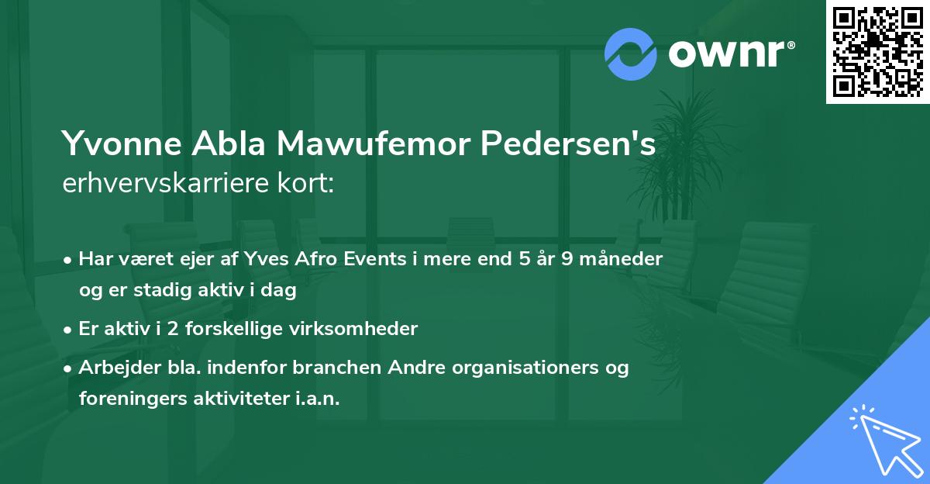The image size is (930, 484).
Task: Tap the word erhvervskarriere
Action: (x=159, y=183)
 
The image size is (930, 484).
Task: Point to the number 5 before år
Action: (x=526, y=259)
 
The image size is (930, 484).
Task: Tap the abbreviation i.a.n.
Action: (x=317, y=398)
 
